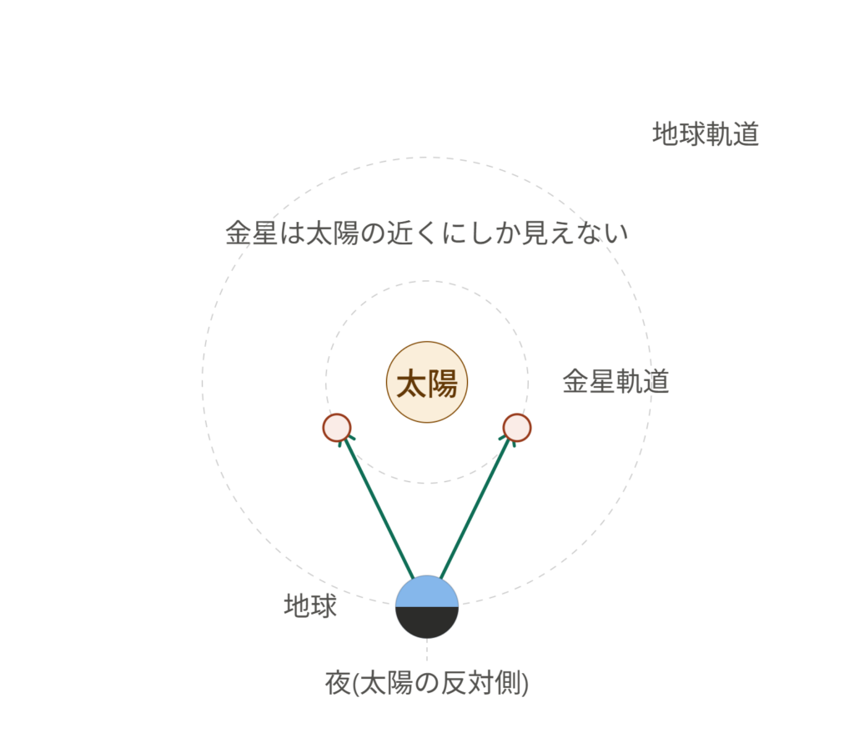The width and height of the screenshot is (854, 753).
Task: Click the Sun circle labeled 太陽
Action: pyautogui.click(x=427, y=382)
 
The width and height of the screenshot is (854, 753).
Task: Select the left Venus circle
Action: pyautogui.click(x=337, y=428)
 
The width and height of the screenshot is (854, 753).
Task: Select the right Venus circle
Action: pyautogui.click(x=517, y=428)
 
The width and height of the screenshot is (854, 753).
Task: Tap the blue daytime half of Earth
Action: pyautogui.click(x=427, y=592)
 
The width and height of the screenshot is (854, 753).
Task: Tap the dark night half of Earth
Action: pyautogui.click(x=427, y=622)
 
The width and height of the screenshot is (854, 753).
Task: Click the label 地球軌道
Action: pyautogui.click(x=706, y=134)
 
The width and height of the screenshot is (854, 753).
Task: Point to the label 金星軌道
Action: pyautogui.click(x=615, y=381)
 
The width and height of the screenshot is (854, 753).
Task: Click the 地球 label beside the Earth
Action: pyautogui.click(x=310, y=605)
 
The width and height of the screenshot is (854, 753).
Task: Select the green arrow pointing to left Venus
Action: pyautogui.click(x=377, y=507)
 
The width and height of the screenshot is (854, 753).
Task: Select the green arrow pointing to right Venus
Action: pyautogui.click(x=477, y=507)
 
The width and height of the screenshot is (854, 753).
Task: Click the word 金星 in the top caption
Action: pyautogui.click(x=252, y=233)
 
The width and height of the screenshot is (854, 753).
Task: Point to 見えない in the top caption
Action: pyautogui.click(x=575, y=233)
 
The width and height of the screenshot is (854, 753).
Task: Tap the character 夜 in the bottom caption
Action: pyautogui.click(x=339, y=683)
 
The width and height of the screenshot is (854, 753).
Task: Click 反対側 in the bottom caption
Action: pyautogui.click(x=480, y=683)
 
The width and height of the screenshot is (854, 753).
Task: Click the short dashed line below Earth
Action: pyautogui.click(x=427, y=650)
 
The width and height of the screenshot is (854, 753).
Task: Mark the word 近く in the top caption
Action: pyautogui.click(x=414, y=233)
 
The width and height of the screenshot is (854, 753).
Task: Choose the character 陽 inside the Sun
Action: pyautogui.click(x=442, y=384)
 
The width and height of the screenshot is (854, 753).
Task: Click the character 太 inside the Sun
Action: pyautogui.click(x=412, y=384)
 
